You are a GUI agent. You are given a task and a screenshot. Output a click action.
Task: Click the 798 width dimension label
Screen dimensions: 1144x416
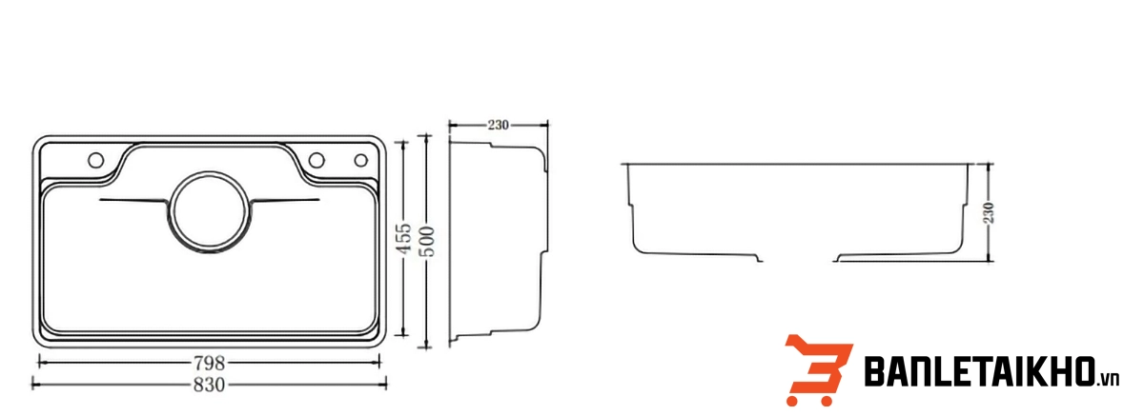coord(210,363)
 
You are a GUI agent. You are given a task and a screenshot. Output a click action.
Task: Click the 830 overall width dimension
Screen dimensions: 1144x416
coord(210,385)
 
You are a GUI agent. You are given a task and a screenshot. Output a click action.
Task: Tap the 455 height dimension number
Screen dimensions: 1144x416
coord(403,238)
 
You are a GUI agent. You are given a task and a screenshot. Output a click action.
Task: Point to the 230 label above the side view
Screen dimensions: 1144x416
coord(498,125)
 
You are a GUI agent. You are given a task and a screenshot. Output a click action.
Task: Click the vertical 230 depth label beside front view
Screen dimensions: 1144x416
coord(989,212)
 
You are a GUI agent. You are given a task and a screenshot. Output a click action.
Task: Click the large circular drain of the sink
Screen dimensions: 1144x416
coord(209,212)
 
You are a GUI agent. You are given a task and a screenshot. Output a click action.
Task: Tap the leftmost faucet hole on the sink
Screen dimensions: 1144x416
coord(95,160)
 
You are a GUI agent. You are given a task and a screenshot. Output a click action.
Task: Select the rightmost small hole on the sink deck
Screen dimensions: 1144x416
coord(361,160)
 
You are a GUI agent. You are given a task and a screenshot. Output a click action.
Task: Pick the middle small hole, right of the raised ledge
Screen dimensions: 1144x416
coord(317,160)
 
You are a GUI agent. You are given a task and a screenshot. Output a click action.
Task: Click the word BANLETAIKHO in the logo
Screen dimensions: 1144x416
coord(980,371)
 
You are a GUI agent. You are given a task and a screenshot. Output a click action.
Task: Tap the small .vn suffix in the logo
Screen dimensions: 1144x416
coord(1108,379)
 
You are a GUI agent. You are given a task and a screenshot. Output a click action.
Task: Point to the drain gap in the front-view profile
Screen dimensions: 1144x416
coord(798,261)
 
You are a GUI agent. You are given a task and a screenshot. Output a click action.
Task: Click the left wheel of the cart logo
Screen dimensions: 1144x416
coord(792,400)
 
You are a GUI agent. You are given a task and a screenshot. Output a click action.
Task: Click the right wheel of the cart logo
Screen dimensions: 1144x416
coord(826,400)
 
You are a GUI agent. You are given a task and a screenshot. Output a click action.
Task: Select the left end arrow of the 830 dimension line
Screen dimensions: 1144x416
coord(34,384)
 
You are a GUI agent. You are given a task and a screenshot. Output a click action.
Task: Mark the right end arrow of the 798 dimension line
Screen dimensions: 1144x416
coord(378,363)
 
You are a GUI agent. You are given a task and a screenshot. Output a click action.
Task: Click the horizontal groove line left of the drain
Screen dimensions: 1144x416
coord(133,200)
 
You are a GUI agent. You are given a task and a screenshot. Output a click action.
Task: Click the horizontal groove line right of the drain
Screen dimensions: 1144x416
coord(285,200)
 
